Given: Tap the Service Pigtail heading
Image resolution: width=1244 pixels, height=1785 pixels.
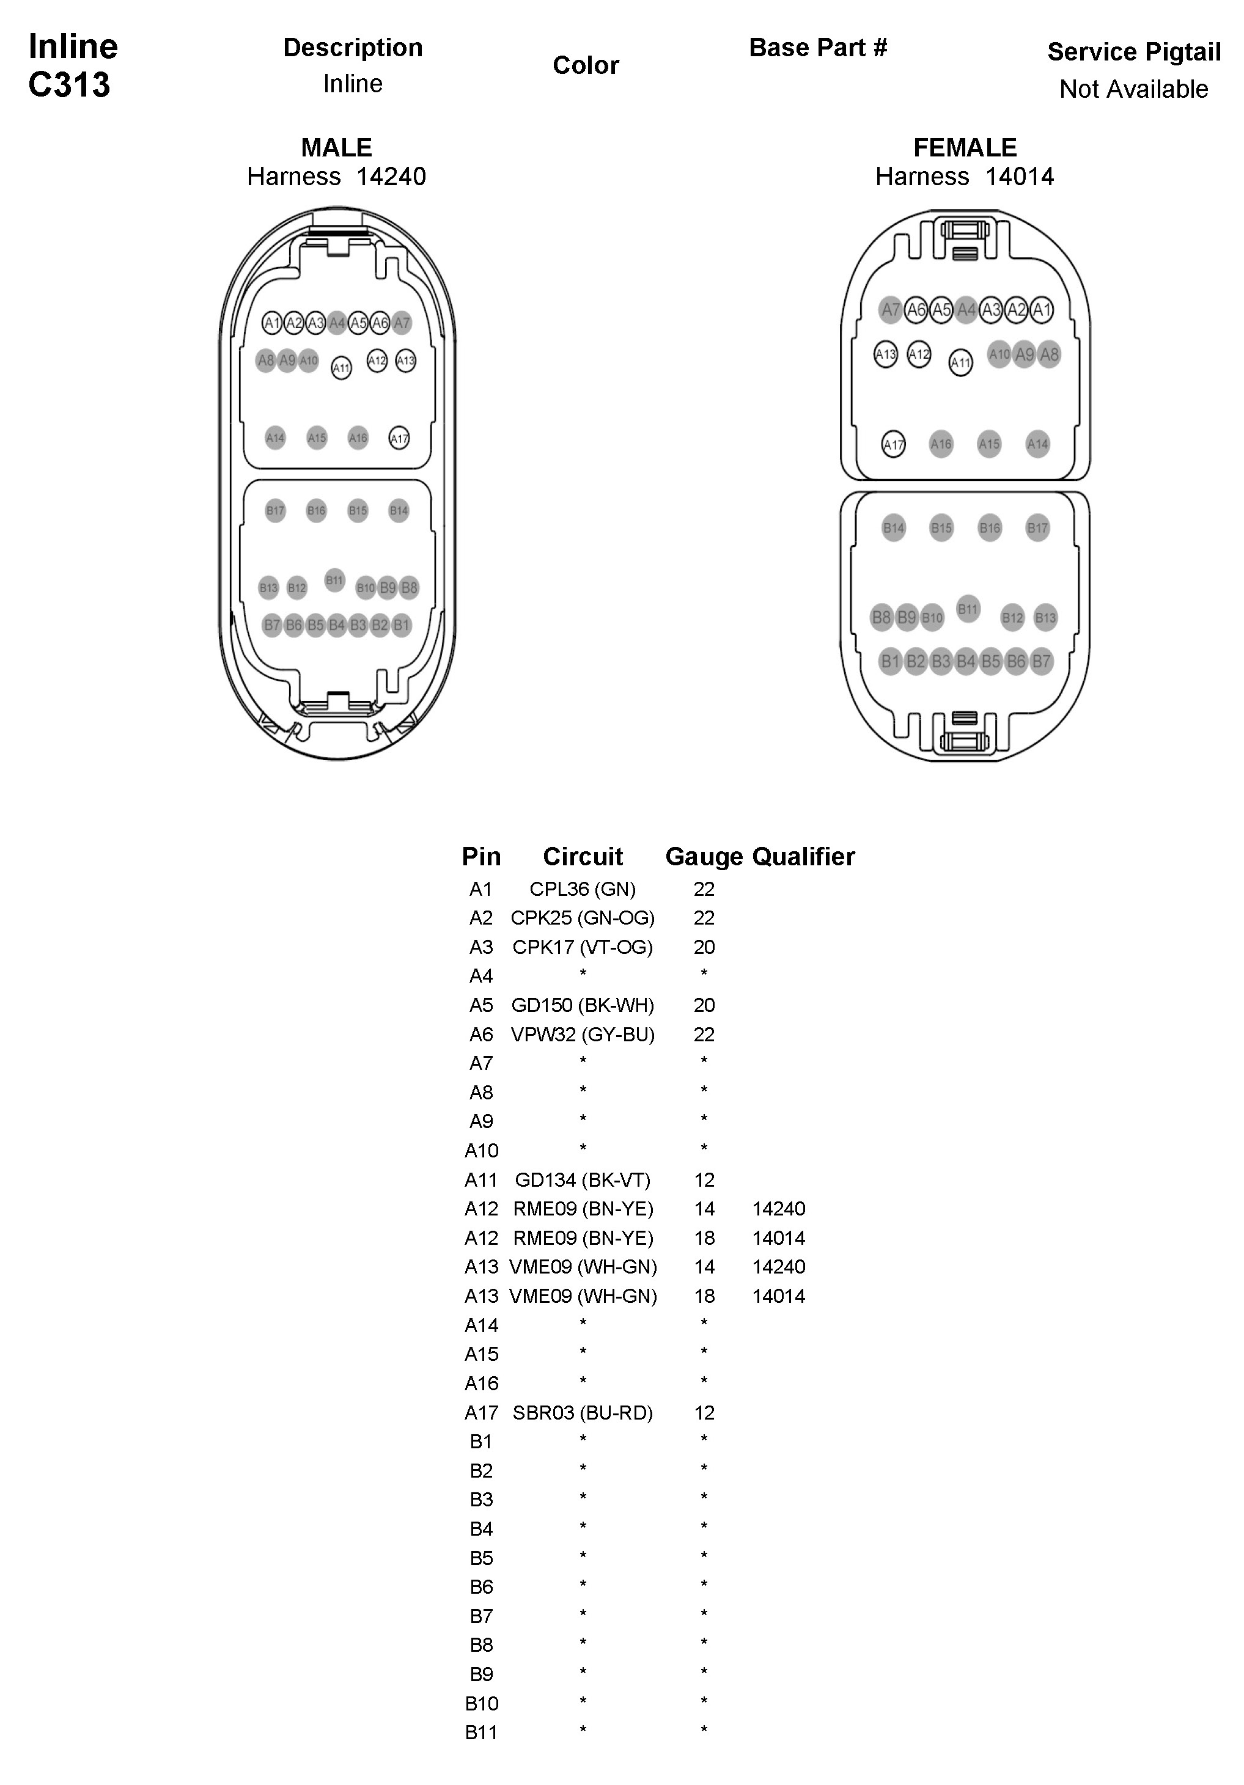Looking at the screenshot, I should point(1133,52).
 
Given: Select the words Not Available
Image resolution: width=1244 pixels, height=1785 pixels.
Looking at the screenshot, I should point(1133,89).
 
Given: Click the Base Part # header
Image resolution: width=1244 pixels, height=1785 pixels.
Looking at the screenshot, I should point(817,48).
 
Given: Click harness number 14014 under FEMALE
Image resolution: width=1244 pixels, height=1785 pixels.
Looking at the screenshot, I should point(1018,177).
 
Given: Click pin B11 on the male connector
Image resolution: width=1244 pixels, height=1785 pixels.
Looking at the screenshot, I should point(334,580).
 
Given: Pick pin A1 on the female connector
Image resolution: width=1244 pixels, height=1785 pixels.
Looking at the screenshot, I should point(1042,309).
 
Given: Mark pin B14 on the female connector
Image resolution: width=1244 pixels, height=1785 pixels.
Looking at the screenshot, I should point(893,528).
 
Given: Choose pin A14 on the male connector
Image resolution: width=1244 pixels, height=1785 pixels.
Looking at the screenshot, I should point(275,438).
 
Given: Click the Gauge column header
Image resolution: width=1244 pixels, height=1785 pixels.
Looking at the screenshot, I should point(704,856).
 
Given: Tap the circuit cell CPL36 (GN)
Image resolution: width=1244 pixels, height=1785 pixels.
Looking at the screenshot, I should point(583,889).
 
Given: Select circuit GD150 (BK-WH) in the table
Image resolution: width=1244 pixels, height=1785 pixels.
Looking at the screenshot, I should point(583,1005).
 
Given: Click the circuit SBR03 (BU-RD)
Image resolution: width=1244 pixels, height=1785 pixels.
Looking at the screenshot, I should point(583,1413).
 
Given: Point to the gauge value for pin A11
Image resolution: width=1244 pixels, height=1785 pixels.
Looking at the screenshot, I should point(704,1180).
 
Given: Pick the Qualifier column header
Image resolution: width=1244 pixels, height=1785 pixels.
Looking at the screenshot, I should point(803,856).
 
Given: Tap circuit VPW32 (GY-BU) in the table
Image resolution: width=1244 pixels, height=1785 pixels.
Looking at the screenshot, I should point(583,1035).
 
